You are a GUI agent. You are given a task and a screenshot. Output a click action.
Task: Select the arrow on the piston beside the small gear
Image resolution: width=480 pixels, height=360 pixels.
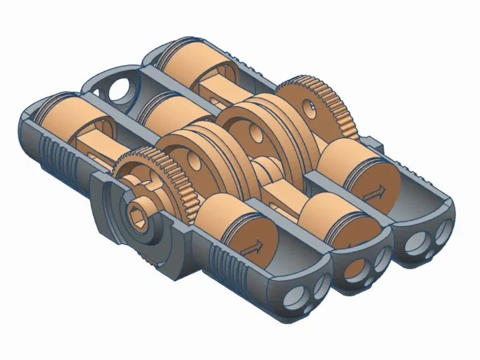(252, 246)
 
